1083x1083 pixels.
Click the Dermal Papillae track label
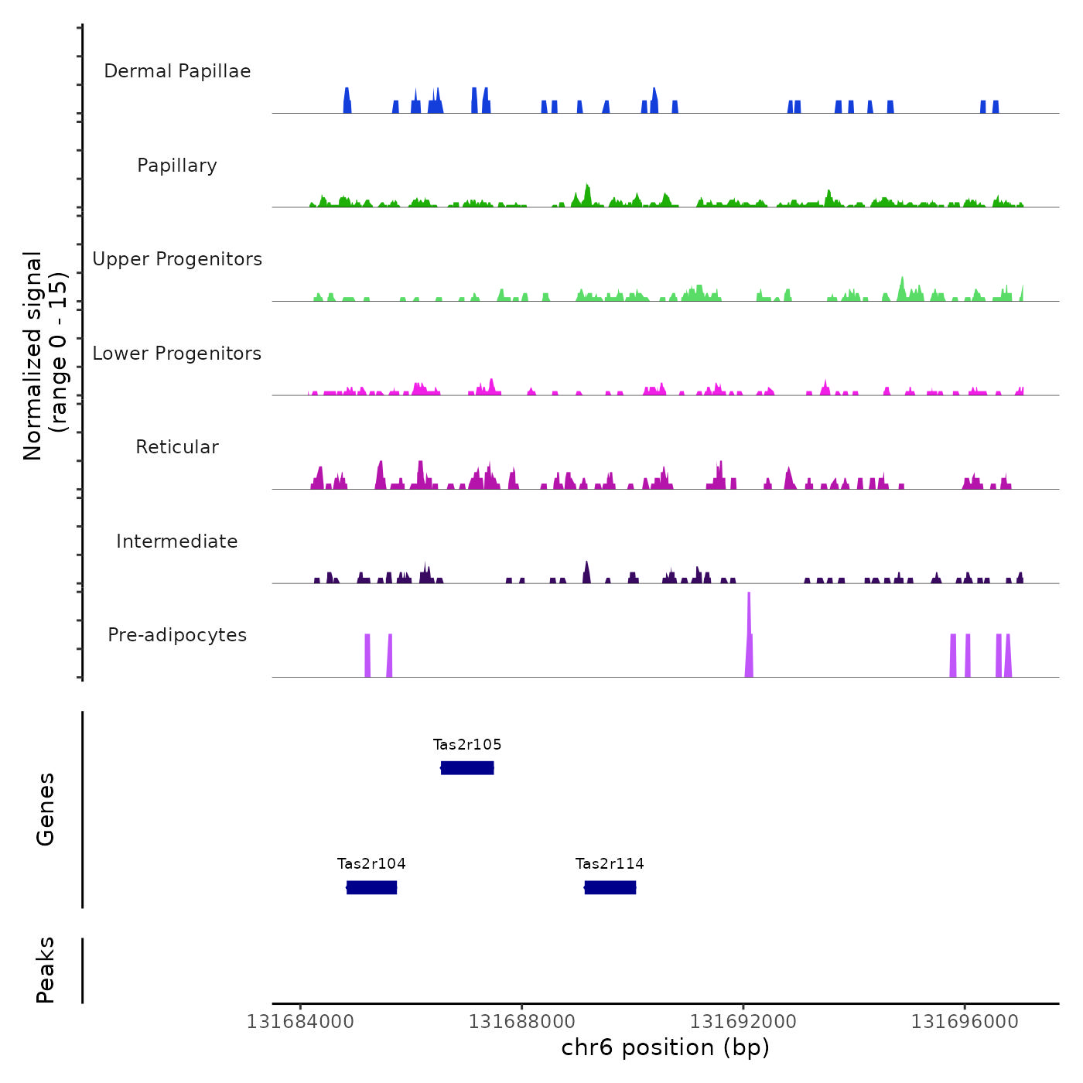(177, 71)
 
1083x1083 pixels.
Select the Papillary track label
(177, 166)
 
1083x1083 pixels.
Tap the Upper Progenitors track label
(177, 259)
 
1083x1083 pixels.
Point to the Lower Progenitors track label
(177, 354)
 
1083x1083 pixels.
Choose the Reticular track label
(177, 447)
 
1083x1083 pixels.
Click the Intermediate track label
(177, 541)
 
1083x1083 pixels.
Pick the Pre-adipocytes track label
(177, 635)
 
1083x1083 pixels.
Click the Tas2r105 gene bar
(467, 767)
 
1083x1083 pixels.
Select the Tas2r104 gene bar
(371, 887)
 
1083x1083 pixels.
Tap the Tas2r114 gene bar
(610, 887)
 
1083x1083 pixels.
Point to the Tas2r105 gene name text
(467, 745)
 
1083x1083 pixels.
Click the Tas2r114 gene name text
(610, 864)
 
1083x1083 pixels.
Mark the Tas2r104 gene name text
(371, 864)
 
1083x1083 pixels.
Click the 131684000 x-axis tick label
(300, 1022)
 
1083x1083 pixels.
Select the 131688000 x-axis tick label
(522, 1022)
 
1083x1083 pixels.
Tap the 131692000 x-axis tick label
(743, 1022)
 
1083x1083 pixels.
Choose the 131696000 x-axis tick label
(965, 1022)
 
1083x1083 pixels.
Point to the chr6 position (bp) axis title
(665, 1048)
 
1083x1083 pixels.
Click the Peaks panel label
(46, 970)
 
